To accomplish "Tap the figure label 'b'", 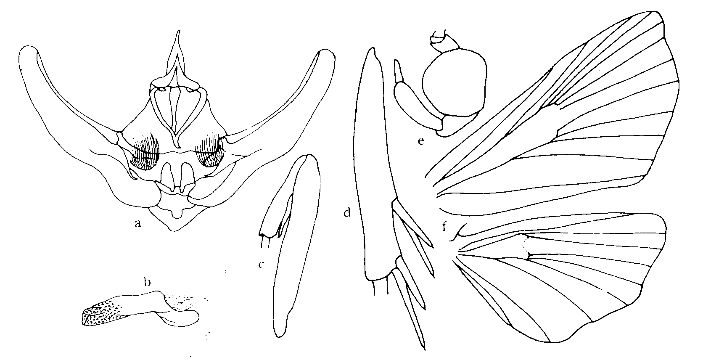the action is coord(147,282).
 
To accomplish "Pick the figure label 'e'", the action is coord(421,141).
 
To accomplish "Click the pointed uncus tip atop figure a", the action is coord(179,31).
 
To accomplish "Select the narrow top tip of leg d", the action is coord(373,50).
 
